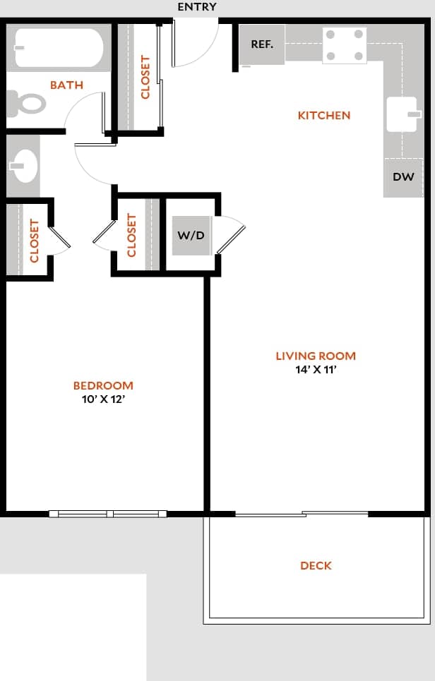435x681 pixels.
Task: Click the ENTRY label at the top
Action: click(197, 7)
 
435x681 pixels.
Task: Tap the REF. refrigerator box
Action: click(262, 44)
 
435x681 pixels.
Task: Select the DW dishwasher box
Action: click(403, 177)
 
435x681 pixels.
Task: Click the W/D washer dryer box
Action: click(191, 235)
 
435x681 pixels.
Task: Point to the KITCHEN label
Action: click(324, 115)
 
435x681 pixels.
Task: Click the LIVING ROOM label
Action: click(316, 356)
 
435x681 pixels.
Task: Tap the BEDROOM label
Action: click(103, 385)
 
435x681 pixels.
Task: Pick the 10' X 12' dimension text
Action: click(103, 399)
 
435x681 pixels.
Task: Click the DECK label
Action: click(316, 565)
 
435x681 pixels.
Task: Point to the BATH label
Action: click(66, 85)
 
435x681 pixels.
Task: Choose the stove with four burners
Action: click(345, 44)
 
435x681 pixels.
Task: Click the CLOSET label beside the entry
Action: click(146, 77)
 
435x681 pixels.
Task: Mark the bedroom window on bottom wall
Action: click(108, 514)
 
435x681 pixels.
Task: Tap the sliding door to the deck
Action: click(302, 514)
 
